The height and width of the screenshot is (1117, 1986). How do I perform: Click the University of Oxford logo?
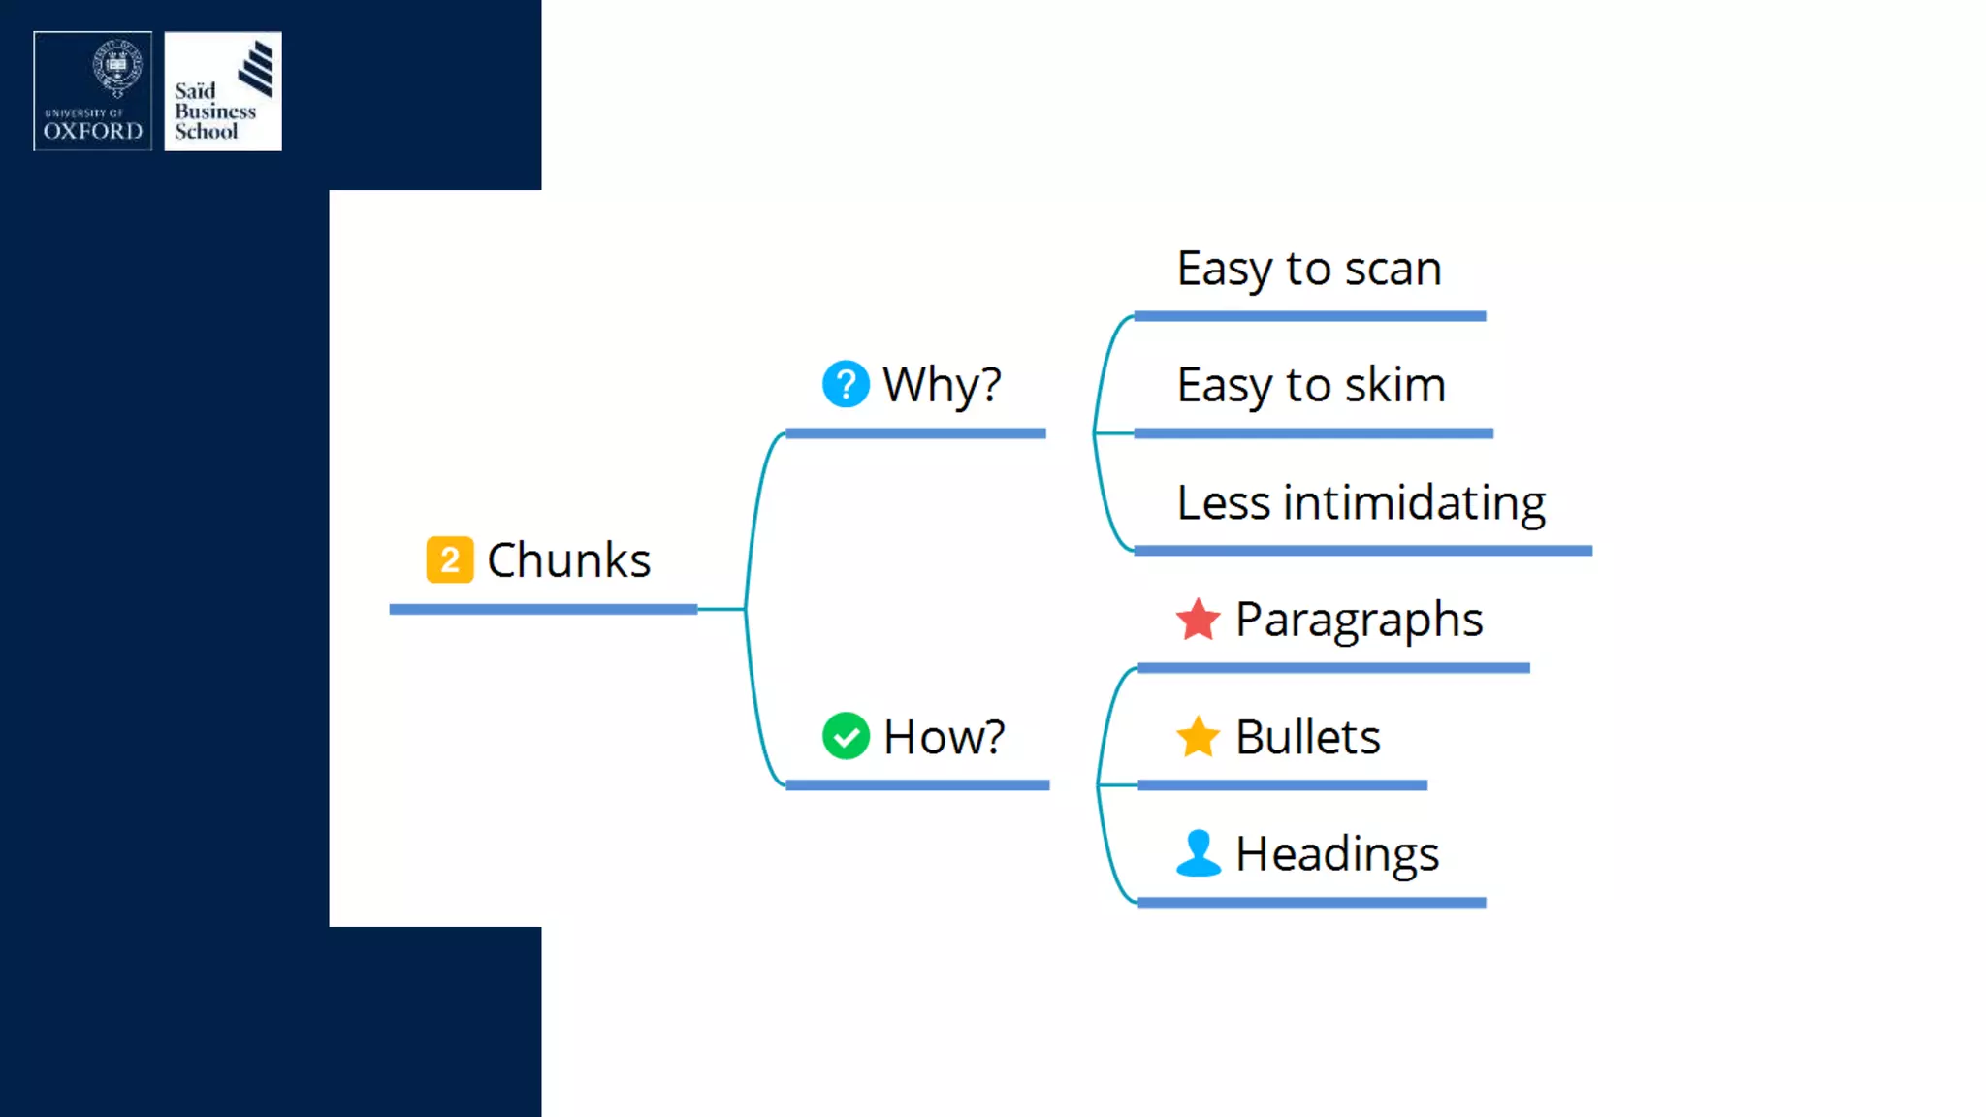coord(93,91)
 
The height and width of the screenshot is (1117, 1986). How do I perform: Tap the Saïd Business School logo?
coord(223,91)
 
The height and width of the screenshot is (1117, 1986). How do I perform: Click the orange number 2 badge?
coord(450,559)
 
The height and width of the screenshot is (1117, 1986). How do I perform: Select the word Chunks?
coord(568,560)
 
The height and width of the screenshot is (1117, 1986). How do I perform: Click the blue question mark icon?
coord(846,384)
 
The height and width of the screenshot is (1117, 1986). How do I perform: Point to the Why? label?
coord(942,385)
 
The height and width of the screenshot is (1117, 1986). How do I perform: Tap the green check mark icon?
coord(846,736)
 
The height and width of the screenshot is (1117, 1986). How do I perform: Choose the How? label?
coord(944,737)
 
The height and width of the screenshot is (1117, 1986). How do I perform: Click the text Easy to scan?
coord(1309,269)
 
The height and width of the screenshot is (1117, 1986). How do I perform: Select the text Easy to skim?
coord(1311,386)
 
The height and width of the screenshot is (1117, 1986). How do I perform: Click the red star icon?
coord(1198,620)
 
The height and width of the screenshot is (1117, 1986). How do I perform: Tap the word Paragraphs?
coord(1359,621)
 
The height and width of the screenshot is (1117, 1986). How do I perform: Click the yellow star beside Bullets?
coord(1198,737)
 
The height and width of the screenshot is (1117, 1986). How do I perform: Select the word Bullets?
coord(1307,737)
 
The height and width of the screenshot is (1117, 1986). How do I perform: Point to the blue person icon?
coord(1198,853)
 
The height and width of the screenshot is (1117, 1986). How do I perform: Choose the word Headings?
coord(1337,854)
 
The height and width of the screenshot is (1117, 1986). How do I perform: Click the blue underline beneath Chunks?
coord(543,609)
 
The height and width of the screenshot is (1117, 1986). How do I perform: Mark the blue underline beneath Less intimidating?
coord(1362,551)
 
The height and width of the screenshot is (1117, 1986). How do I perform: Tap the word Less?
coord(1223,503)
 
